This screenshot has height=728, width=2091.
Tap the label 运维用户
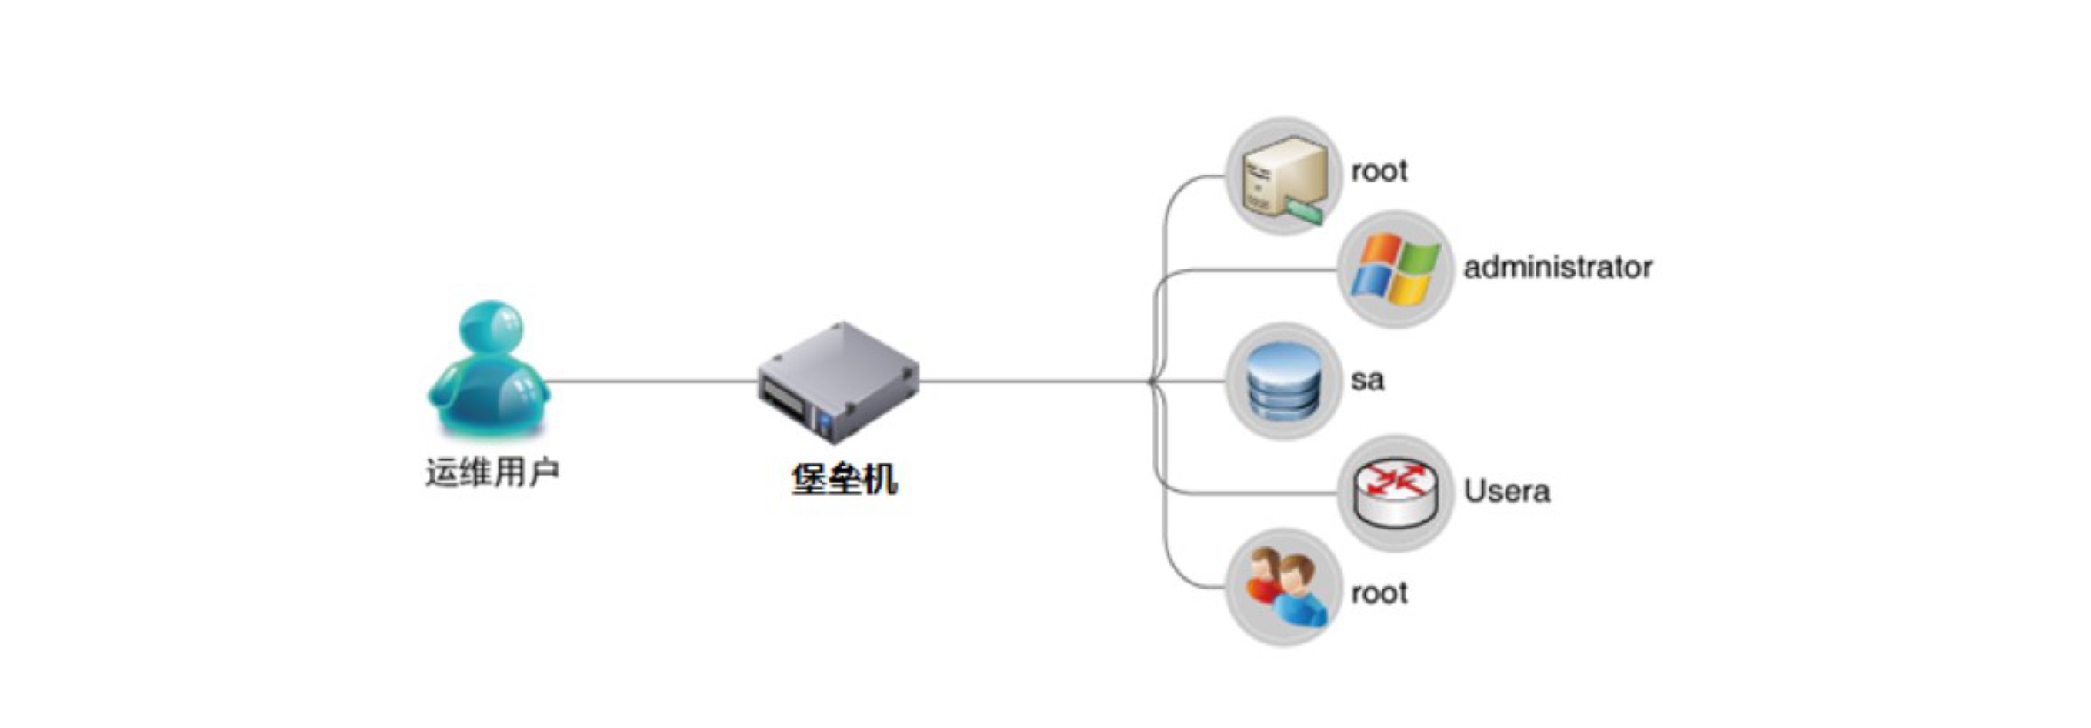point(492,472)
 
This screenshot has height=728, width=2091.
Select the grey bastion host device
point(839,382)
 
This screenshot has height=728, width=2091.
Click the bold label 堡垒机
point(844,479)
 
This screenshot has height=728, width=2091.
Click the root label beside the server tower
point(1379,172)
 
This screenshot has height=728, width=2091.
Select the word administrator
point(1557,267)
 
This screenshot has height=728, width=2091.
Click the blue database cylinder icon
point(1282,381)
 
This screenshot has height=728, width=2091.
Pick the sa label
point(1367,380)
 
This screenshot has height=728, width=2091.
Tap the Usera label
point(1506,491)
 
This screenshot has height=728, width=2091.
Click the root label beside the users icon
point(1379,593)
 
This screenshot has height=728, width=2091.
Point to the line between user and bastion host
point(649,381)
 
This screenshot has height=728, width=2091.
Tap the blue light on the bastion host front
point(825,422)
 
